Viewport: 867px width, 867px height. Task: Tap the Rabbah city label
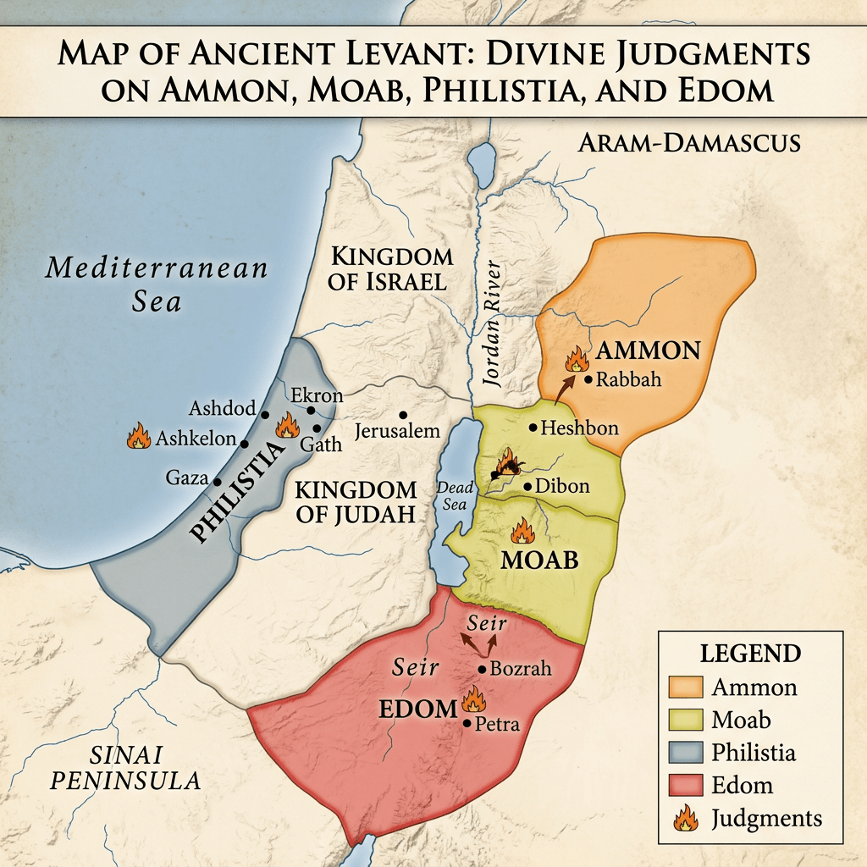tap(629, 380)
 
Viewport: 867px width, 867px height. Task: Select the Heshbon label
tap(579, 428)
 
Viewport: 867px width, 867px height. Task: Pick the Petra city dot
tap(467, 723)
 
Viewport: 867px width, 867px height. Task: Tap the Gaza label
tap(187, 478)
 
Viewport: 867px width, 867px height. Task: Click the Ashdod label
tap(222, 409)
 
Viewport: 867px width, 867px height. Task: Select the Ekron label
tap(317, 395)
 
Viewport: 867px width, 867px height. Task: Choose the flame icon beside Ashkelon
tap(138, 437)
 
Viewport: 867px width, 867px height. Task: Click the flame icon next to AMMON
tap(577, 358)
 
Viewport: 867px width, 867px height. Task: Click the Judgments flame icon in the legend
tap(687, 818)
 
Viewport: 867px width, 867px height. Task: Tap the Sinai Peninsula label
tap(125, 767)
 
